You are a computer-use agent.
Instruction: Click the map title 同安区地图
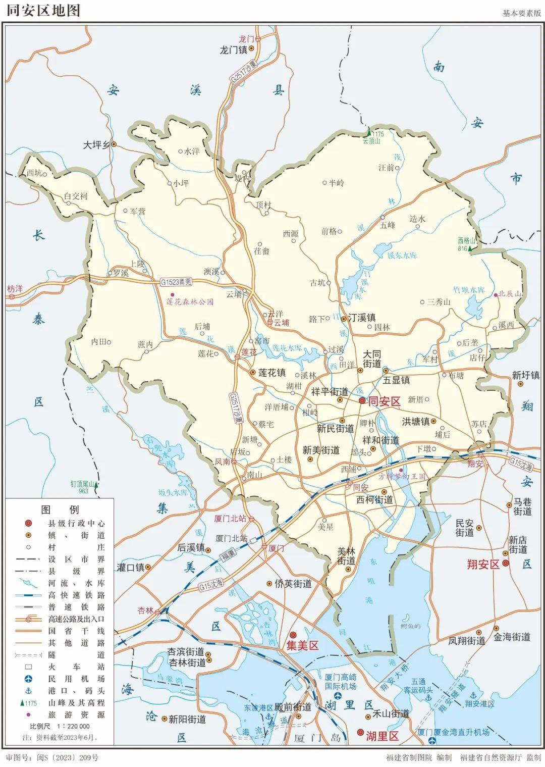[43, 10]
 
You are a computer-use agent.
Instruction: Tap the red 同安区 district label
[384, 401]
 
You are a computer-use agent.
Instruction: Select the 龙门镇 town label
[233, 50]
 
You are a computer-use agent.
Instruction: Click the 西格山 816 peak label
[463, 244]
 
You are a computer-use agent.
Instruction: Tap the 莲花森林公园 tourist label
[190, 302]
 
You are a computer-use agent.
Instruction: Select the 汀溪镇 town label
[361, 318]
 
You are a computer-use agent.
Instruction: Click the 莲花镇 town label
[272, 373]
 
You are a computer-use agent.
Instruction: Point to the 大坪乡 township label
[96, 144]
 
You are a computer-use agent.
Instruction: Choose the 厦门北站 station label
[230, 519]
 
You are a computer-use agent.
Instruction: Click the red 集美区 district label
[302, 645]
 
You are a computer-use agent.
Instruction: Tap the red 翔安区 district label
[482, 565]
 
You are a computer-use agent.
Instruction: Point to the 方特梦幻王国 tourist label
[402, 476]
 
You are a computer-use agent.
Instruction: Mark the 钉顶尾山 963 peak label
[83, 487]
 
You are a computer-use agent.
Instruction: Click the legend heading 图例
[60, 509]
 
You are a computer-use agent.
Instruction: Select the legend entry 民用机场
[76, 679]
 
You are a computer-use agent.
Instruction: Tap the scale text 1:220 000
[73, 726]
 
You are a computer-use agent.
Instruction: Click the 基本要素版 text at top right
[521, 13]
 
